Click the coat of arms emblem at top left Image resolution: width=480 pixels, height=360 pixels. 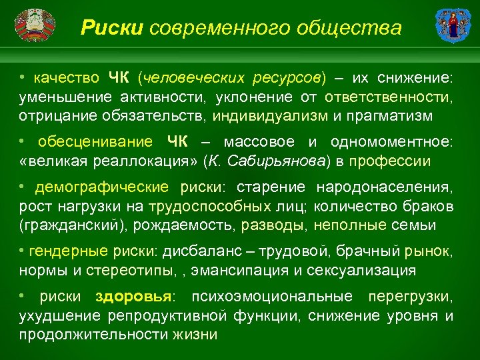pos(33,27)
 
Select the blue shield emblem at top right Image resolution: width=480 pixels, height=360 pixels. pos(449,27)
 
